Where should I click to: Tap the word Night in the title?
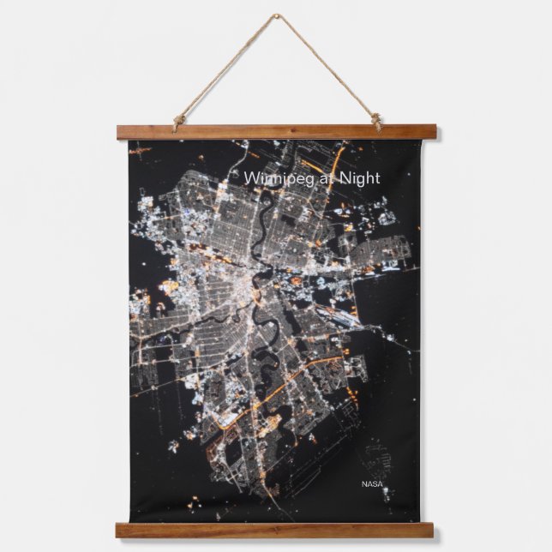(357, 178)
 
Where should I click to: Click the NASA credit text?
(373, 484)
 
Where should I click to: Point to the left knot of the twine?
(179, 121)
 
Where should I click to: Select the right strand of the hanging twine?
(327, 69)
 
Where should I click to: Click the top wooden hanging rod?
(276, 133)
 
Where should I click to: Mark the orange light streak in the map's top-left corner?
(139, 150)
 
